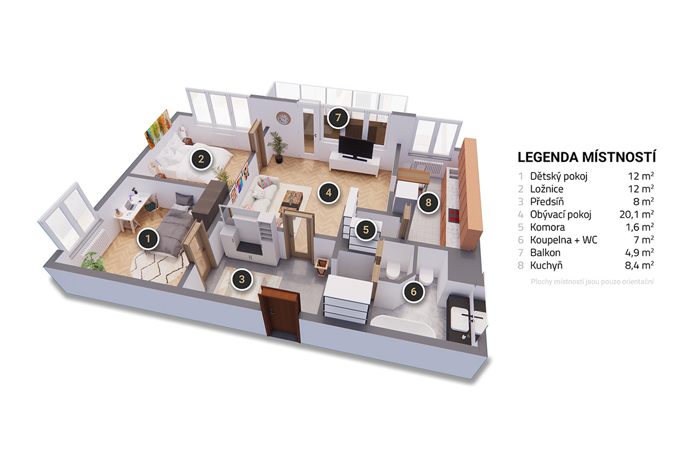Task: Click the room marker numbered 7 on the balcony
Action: pyautogui.click(x=338, y=117)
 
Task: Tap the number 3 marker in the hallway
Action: pyautogui.click(x=242, y=279)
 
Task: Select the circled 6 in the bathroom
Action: pyautogui.click(x=413, y=292)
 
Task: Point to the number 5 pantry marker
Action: pyautogui.click(x=366, y=230)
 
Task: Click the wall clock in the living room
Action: pyautogui.click(x=284, y=118)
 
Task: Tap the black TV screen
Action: pyautogui.click(x=356, y=147)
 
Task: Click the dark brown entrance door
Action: pyautogui.click(x=279, y=315)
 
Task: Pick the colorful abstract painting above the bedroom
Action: pyautogui.click(x=158, y=129)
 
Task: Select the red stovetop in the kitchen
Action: pyautogui.click(x=454, y=216)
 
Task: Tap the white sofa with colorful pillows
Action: pyautogui.click(x=260, y=194)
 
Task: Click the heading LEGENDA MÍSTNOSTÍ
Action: pyautogui.click(x=587, y=157)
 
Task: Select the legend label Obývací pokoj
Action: pyautogui.click(x=560, y=214)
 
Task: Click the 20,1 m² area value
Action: pyautogui.click(x=637, y=214)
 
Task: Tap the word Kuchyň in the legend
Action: pyautogui.click(x=546, y=265)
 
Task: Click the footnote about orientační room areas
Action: pyautogui.click(x=592, y=282)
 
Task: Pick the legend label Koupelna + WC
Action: pyautogui.click(x=563, y=240)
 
